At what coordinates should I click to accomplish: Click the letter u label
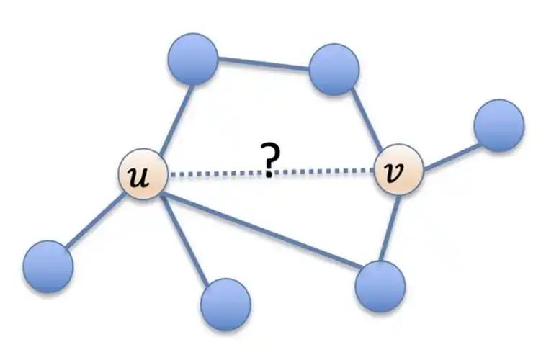139,177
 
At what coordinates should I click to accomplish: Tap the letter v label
395,172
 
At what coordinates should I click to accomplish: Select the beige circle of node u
143,174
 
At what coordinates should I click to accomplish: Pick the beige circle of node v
399,169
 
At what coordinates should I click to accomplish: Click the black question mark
271,159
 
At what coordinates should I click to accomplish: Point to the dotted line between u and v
271,173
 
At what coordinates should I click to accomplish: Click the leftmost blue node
48,266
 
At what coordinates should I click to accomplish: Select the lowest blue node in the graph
225,305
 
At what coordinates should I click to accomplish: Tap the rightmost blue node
499,125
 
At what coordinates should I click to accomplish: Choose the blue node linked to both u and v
380,287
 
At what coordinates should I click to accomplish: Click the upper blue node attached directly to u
193,59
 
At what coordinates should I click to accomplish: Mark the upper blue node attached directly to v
334,70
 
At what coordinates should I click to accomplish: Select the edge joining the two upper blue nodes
264,63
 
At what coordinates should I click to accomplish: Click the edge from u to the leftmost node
94,220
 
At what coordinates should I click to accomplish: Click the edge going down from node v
389,228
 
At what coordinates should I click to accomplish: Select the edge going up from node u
176,120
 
